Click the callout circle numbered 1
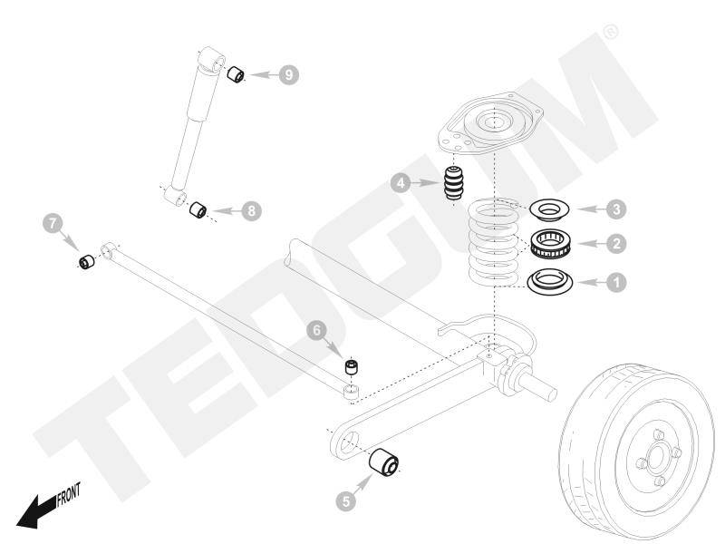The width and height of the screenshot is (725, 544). coord(615,282)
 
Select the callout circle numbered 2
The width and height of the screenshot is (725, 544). coord(615,244)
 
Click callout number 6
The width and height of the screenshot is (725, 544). coord(316,332)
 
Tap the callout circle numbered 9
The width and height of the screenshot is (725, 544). coord(287,74)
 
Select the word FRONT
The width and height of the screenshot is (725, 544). coord(68,494)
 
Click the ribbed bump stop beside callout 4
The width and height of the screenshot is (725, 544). coord(454,185)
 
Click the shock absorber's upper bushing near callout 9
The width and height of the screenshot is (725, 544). coord(237,73)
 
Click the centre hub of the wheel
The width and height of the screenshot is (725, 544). coord(653,453)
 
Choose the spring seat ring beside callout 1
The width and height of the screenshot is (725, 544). coord(548,281)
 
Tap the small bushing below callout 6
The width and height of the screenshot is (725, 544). coord(351,367)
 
